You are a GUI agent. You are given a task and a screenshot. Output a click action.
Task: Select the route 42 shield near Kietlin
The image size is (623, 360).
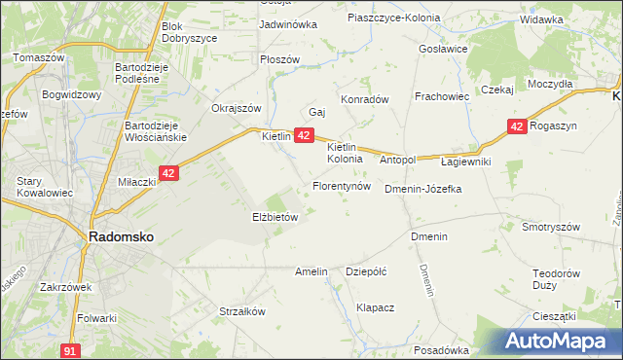[304, 135]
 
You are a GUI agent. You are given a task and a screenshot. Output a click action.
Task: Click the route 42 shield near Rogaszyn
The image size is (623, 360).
[517, 126]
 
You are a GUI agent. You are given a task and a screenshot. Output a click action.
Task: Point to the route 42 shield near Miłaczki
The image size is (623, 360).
[168, 173]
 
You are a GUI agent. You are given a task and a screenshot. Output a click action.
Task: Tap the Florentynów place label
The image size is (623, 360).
[341, 185]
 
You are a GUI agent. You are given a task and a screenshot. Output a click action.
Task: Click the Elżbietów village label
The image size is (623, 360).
[275, 217]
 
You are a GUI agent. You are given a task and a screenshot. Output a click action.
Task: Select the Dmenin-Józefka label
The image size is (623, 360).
[422, 189]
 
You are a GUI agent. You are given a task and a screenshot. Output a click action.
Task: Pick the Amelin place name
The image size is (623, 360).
[311, 271]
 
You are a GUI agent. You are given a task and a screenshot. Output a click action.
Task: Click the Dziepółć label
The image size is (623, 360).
[367, 271]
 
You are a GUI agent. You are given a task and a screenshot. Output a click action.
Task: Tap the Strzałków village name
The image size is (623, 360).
[242, 311]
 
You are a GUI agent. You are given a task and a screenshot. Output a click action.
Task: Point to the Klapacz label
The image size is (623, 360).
[375, 306]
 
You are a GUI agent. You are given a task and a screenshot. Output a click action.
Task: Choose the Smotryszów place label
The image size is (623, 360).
[551, 226]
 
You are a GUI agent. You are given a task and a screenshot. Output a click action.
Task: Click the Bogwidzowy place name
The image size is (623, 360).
[72, 95]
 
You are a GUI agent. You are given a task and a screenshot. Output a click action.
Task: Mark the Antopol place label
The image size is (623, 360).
[397, 159]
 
